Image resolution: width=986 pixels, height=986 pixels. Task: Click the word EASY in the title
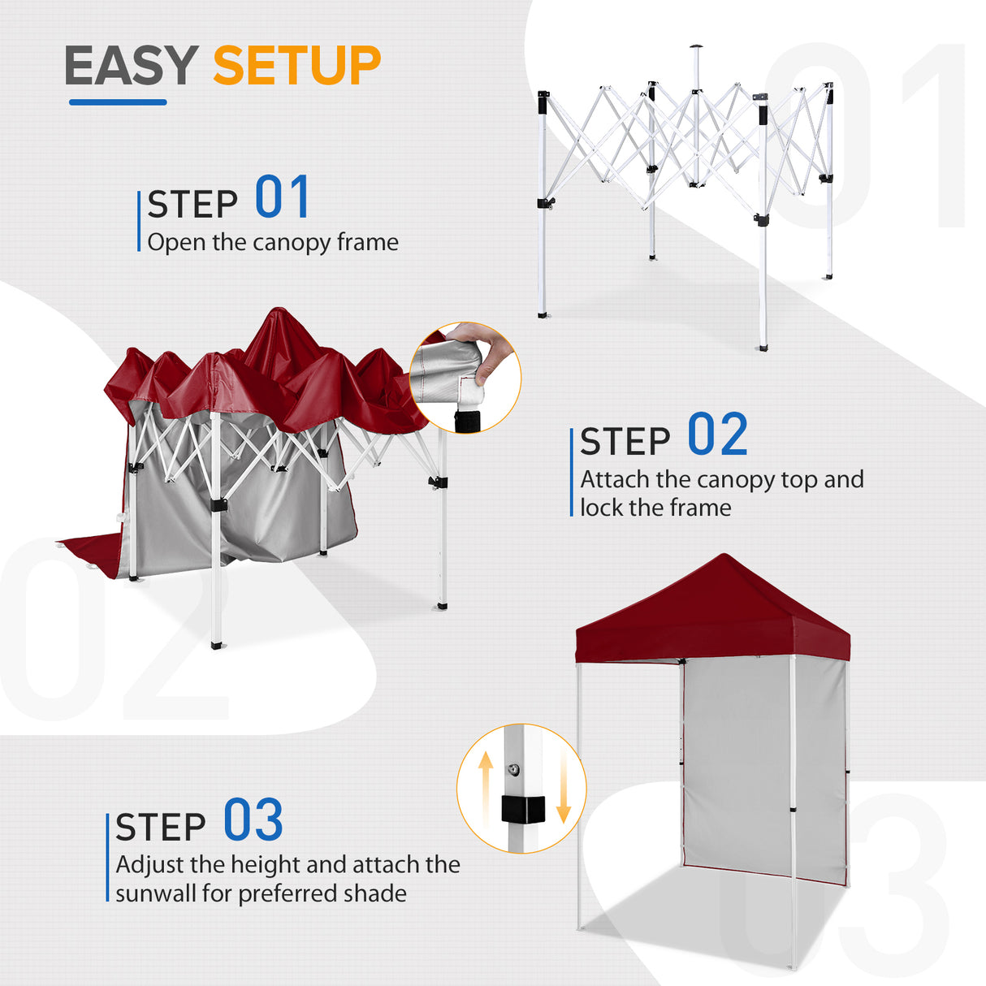tap(131, 66)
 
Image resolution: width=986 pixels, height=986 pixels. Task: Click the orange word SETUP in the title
tap(296, 66)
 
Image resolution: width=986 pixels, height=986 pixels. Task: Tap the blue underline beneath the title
tap(118, 102)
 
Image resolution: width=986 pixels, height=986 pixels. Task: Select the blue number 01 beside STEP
tap(282, 197)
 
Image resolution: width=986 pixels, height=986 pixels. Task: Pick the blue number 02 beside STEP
tap(717, 435)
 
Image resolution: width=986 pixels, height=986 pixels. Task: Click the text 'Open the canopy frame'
tap(273, 242)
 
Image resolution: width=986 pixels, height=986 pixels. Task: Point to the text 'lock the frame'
tap(655, 508)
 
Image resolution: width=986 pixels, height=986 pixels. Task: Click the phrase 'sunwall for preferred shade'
tap(261, 893)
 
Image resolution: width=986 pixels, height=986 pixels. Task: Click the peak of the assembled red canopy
tap(723, 557)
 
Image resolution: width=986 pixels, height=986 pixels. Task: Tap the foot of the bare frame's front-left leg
tap(543, 314)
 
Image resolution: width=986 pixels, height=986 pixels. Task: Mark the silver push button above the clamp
tap(513, 769)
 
